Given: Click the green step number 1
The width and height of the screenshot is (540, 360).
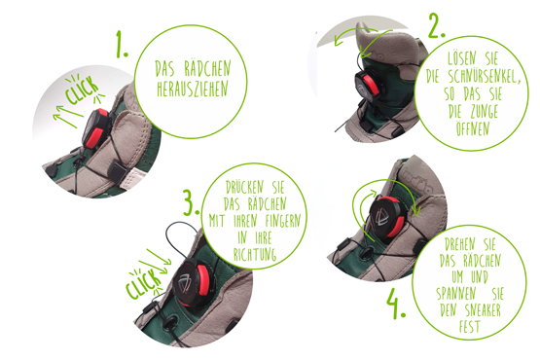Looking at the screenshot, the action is coord(121,44).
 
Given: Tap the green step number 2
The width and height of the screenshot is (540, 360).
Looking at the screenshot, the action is coord(437,25).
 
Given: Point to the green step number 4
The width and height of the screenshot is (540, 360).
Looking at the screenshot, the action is coord(396,304).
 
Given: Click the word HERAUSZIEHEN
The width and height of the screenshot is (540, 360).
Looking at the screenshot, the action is coord(193,90).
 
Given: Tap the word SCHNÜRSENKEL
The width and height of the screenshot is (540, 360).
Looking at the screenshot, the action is coord(484,76).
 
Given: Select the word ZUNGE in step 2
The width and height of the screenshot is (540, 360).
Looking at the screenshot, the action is coord(485,111).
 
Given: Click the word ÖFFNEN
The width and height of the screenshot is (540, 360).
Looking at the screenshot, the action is coord(473,128).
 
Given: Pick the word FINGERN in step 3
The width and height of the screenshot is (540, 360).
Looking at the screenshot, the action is coord(283,221).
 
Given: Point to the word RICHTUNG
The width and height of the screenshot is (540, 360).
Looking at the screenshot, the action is coord(255,255).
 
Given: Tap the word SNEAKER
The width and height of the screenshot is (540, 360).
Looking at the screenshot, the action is coord(483,310).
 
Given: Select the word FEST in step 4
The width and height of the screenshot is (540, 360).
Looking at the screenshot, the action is coord(469,326).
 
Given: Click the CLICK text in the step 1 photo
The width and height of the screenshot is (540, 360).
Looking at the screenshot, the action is coord(82,90).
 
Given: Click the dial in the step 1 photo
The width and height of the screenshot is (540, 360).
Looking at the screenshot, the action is coord(95,128).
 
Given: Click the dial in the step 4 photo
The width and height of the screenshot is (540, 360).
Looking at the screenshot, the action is coord(388,217).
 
